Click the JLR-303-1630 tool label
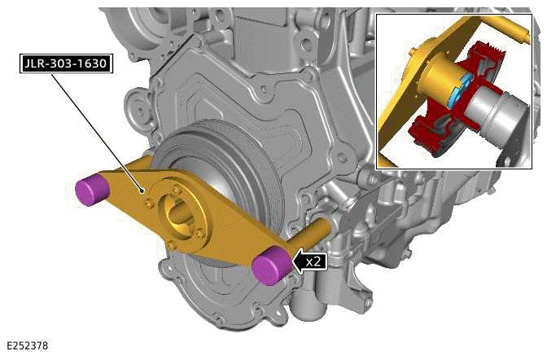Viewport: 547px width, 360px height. tap(64, 61)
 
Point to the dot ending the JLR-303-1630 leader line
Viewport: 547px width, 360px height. tap(144, 192)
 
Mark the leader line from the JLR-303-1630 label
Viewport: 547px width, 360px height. tap(106, 130)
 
